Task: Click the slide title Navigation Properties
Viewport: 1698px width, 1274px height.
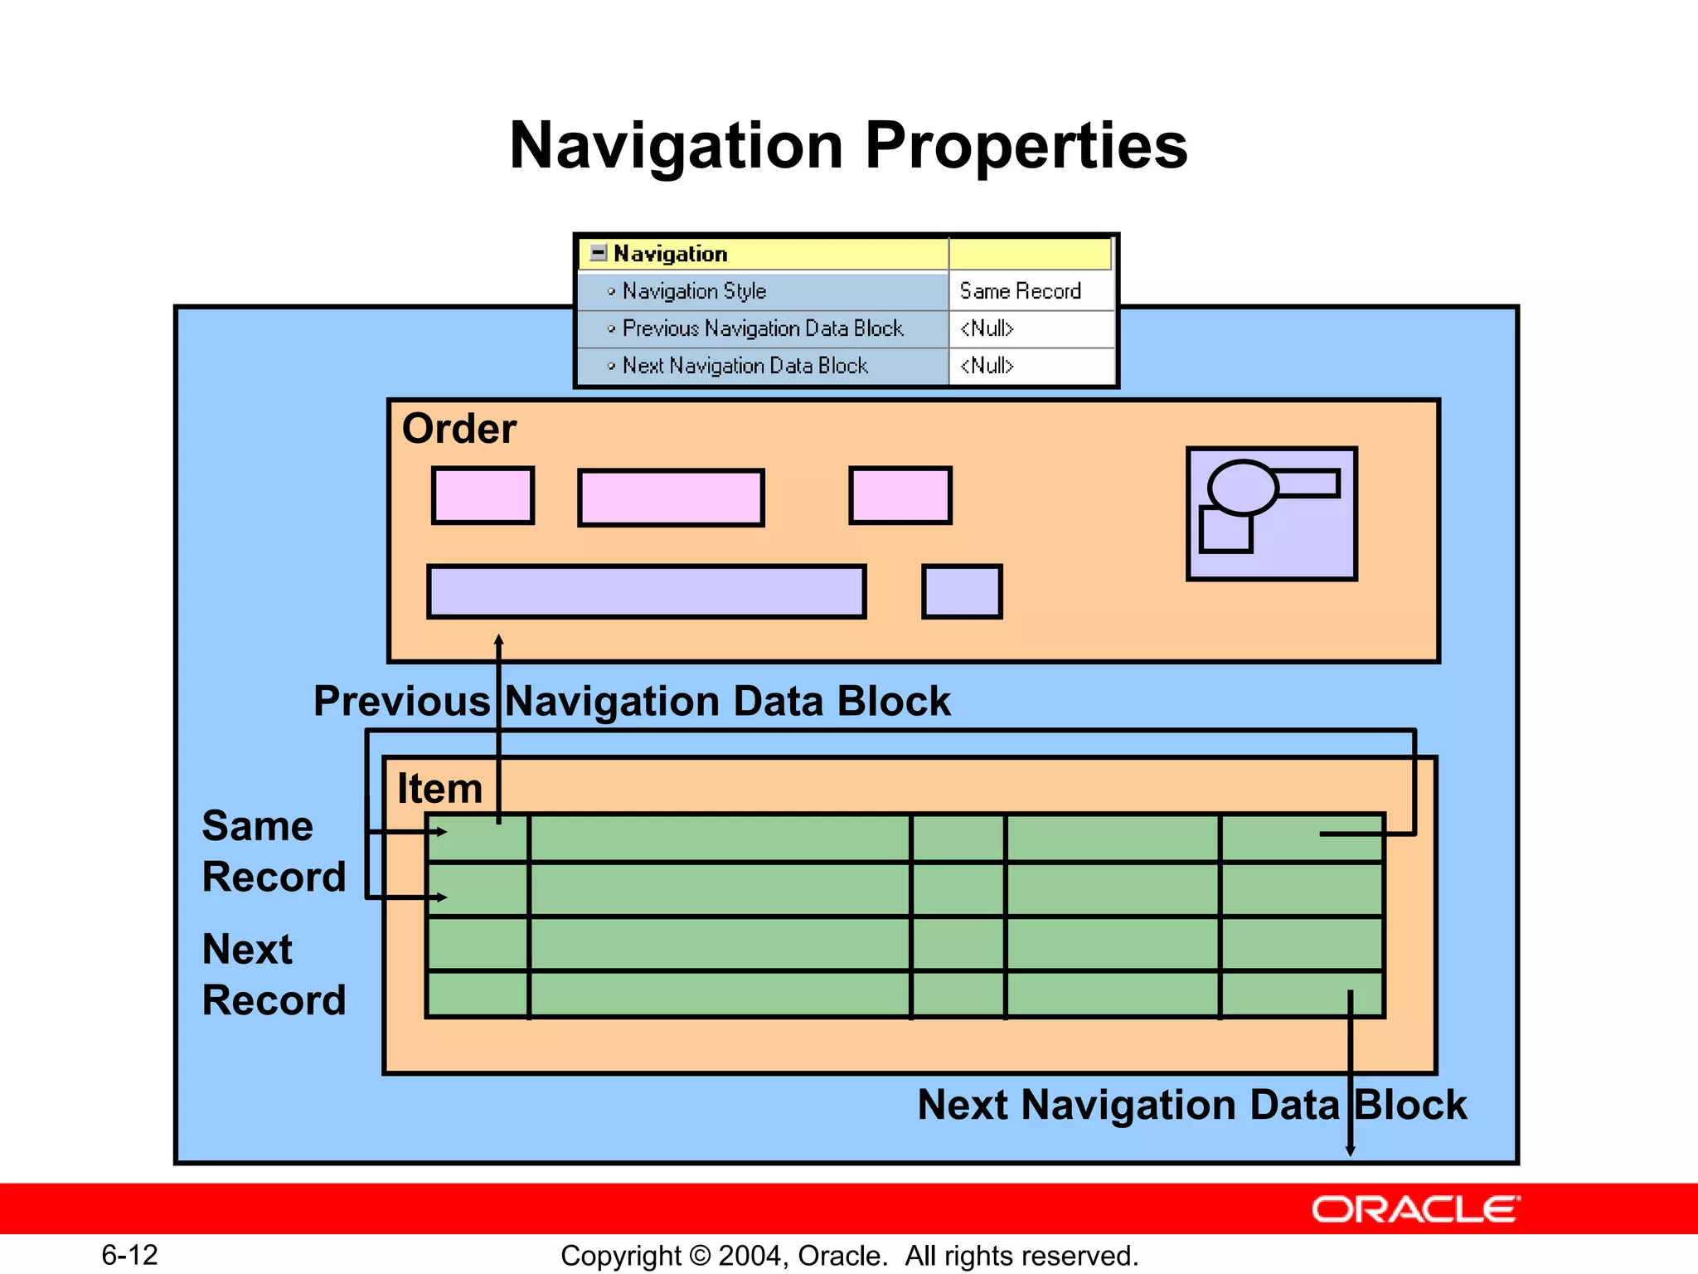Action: [x=848, y=146]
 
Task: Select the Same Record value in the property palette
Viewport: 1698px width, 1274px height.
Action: [x=1020, y=291]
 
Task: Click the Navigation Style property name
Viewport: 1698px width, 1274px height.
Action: [x=694, y=291]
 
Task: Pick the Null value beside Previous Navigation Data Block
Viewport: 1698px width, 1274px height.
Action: [x=987, y=328]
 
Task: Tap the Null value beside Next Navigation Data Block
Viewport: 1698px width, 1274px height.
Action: [x=987, y=366]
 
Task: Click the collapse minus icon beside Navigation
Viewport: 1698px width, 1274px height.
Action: [x=598, y=253]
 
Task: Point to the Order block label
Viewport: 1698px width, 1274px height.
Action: [x=458, y=429]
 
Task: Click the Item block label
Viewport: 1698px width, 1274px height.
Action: [x=439, y=788]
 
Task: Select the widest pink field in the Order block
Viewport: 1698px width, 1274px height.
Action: [x=671, y=498]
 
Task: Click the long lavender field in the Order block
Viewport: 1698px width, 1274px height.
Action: [x=647, y=591]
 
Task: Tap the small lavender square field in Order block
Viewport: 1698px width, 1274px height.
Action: [x=962, y=591]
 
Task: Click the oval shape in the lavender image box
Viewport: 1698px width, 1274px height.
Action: [x=1242, y=488]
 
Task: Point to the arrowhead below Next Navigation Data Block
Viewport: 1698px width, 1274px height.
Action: [x=1350, y=1150]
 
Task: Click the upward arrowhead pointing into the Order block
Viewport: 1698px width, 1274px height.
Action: [x=499, y=640]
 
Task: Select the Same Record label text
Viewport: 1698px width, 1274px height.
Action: [x=274, y=851]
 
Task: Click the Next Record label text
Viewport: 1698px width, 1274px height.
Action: [x=274, y=975]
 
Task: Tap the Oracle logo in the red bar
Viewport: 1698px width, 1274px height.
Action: [x=1415, y=1209]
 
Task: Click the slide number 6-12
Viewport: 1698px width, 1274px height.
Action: [x=129, y=1255]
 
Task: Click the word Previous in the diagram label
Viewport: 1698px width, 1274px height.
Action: [x=401, y=702]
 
